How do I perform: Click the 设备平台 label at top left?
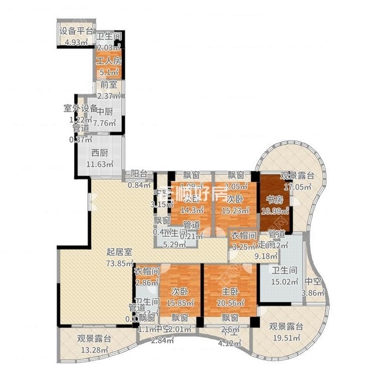click(76, 32)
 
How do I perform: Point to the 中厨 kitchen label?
click(106, 110)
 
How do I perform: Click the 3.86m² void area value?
click(314, 292)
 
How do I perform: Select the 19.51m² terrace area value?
click(284, 336)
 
